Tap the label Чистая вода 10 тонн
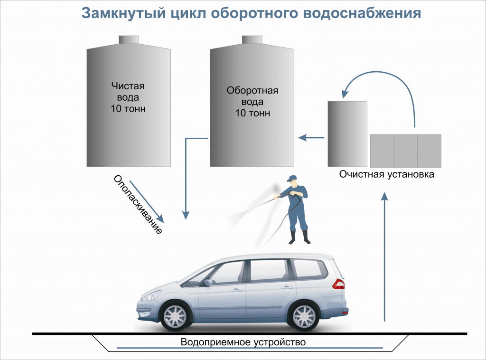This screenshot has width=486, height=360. [128, 97]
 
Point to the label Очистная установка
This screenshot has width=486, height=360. [386, 174]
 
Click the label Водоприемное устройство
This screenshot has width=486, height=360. [243, 342]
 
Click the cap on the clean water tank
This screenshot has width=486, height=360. [128, 39]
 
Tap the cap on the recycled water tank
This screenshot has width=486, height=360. [252, 39]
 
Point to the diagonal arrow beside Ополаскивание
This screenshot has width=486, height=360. [146, 201]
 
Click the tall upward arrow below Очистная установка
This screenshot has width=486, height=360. [385, 256]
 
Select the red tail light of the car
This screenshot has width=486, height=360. [339, 284]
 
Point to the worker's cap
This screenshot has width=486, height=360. [290, 179]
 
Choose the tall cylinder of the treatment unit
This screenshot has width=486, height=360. [347, 133]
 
